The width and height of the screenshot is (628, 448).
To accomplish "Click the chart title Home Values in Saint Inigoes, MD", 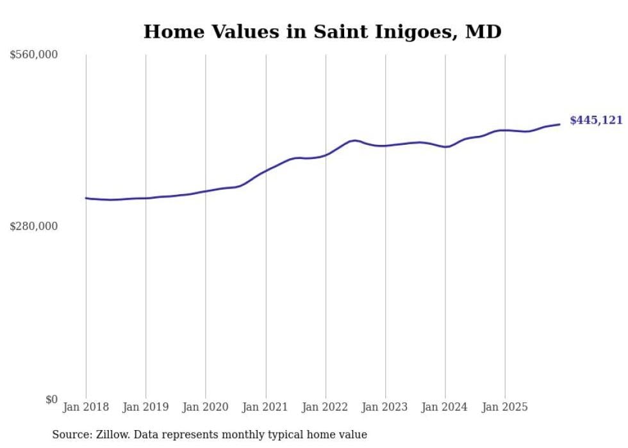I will [x=322, y=31].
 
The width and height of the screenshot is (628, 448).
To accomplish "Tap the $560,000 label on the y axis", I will [x=34, y=55].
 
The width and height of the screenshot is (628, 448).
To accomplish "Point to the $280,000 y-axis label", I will [x=34, y=226].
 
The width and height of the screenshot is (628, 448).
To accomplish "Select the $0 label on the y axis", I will [x=51, y=399].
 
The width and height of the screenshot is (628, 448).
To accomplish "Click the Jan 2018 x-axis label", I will [x=86, y=407].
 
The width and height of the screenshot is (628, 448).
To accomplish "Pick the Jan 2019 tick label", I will [x=145, y=407].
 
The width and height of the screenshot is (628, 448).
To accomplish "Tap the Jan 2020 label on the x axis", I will [x=206, y=407].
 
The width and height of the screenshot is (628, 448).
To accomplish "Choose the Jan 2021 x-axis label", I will [x=265, y=407].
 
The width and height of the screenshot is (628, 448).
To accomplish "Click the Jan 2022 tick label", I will [x=326, y=407].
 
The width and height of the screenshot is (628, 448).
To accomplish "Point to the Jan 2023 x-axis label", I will [x=385, y=407].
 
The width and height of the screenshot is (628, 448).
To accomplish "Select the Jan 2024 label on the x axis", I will [x=445, y=407].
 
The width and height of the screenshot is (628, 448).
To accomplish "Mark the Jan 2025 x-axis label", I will [x=505, y=407].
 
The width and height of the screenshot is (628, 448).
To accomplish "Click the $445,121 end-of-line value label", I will [x=596, y=120].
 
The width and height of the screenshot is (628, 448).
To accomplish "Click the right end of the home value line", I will [x=559, y=124].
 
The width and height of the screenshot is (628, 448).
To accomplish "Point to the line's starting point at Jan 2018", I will [x=86, y=198].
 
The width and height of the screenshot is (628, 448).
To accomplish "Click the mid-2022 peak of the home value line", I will [x=354, y=140].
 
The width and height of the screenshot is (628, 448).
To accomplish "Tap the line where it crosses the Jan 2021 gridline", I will [x=265, y=170].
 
